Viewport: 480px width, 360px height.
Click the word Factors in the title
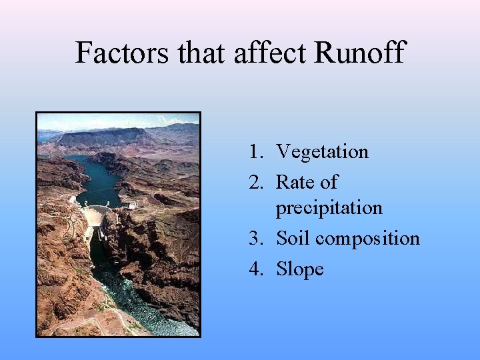[x=123, y=52]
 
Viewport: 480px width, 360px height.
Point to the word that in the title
[x=202, y=52]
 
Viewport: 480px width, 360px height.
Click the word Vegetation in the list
[x=322, y=152]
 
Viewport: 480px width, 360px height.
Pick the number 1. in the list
[x=257, y=152]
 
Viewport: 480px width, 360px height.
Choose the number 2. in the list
[x=257, y=182]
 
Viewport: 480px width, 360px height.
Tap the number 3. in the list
[x=257, y=239]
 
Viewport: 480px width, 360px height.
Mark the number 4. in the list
[x=257, y=269]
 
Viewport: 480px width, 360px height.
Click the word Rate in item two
[x=293, y=182]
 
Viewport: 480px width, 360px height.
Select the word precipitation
[x=329, y=208]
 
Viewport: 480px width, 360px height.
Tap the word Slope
[x=300, y=269]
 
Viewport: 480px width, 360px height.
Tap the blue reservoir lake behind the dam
[x=100, y=177]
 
